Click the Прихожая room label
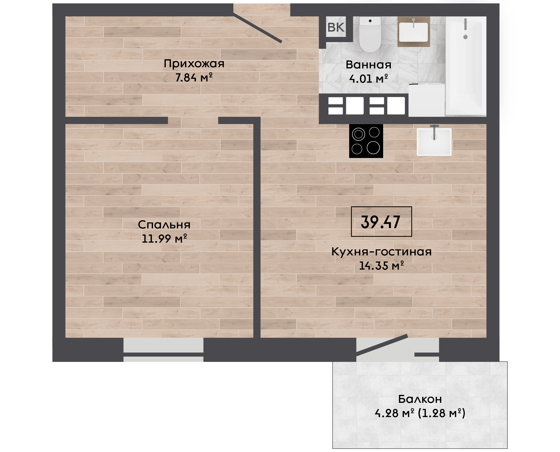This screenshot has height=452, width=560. coord(194,64)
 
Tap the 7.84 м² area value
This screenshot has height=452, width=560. coord(194,77)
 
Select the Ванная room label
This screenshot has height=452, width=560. coord(368,65)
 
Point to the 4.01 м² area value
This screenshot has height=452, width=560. coord(368,79)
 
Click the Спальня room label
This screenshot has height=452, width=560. coord(164,225)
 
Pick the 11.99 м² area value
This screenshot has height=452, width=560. coord(164,239)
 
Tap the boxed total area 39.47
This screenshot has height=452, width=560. coord(381,222)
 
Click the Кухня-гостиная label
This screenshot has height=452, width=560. coord(381,252)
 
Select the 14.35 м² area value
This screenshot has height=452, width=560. coord(381,266)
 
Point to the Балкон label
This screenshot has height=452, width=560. coord(420,399)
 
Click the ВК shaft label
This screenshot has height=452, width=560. coord(336,27)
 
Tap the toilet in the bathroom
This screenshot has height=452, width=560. coord(370,35)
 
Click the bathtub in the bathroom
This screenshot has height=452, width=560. coord(466,66)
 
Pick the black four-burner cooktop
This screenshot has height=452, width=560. coord(366,141)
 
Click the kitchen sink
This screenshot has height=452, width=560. coord(434,142)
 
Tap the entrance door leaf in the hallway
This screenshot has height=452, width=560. coord(258,28)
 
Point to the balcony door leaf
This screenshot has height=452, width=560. coord(382,345)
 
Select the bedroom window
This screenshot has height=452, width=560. coord(163,350)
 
